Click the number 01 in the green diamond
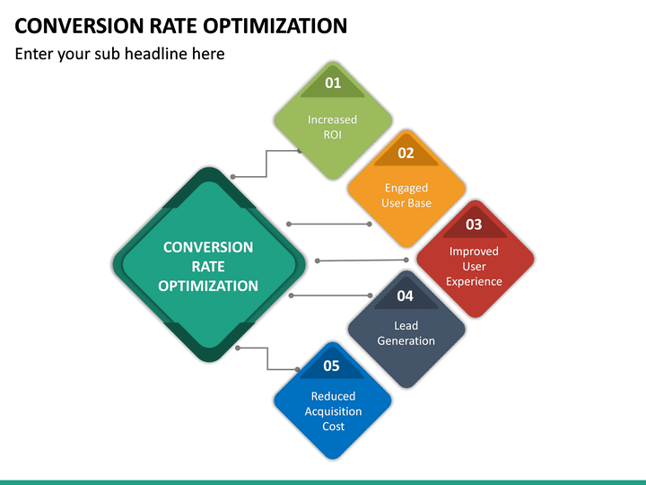333,83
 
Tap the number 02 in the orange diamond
406,153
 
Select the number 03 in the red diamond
474,225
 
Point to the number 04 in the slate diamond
406,295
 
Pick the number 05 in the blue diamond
332,366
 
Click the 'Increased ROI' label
333,128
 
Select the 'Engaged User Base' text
406,196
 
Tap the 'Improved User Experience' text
474,267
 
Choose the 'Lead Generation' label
406,333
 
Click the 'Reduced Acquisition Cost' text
333,411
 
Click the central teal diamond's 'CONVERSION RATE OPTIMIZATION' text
208,267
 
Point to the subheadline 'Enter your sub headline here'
119,54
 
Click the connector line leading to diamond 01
266,163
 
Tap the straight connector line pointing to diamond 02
328,224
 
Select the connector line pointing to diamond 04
328,295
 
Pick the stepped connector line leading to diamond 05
267,358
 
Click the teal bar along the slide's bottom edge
323,481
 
